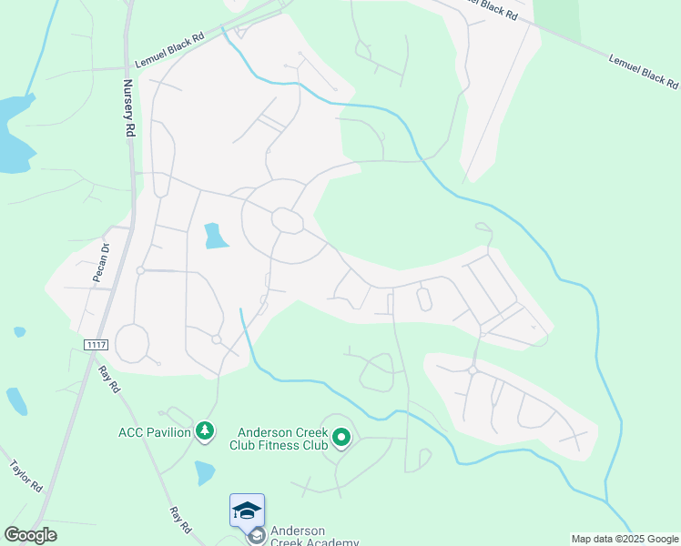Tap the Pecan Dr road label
100,263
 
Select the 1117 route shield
96,343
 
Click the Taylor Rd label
26,476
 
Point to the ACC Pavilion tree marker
206,431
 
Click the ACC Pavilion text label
154,431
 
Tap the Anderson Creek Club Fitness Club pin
341,439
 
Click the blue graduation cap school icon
247,511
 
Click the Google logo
30,535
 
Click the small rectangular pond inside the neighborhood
215,236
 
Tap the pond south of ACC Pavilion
205,472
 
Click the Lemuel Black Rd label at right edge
643,71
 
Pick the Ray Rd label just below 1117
109,378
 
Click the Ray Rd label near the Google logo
180,520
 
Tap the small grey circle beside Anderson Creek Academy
256,536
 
